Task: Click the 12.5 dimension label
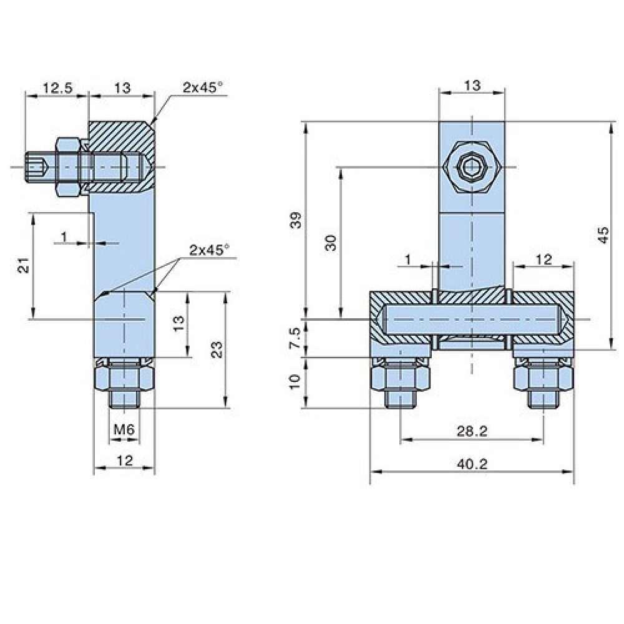[58, 87]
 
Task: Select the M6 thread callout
[125, 429]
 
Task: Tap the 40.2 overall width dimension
[472, 464]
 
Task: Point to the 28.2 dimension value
[472, 431]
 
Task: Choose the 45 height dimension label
[603, 235]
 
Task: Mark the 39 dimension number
[296, 220]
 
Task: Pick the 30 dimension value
[331, 243]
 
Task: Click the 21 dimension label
[24, 265]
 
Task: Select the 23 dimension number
[217, 350]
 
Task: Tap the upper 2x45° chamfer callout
[203, 87]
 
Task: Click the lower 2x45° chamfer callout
[209, 250]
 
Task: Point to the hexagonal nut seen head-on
[472, 167]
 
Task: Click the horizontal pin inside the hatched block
[472, 319]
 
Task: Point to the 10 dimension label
[296, 382]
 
